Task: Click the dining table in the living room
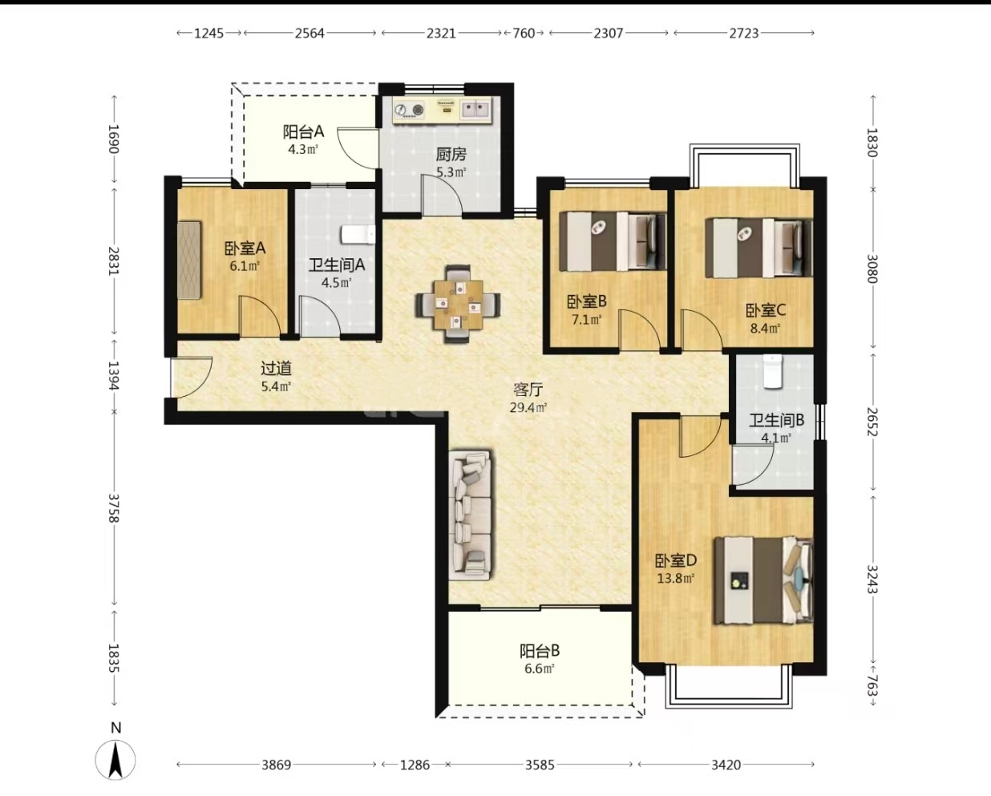[458, 305]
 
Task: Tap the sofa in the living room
[471, 515]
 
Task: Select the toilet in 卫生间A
[358, 234]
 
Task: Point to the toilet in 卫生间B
[773, 371]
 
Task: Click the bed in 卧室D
[763, 580]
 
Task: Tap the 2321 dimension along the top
[441, 33]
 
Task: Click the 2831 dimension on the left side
[114, 261]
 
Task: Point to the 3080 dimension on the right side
[872, 269]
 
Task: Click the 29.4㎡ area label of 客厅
[528, 407]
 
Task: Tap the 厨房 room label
[451, 154]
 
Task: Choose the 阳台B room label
[540, 651]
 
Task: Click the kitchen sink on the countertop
[475, 110]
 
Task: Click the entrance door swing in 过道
[191, 377]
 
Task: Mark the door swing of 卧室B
[641, 328]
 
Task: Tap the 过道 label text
[277, 368]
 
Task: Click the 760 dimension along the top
[524, 33]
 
